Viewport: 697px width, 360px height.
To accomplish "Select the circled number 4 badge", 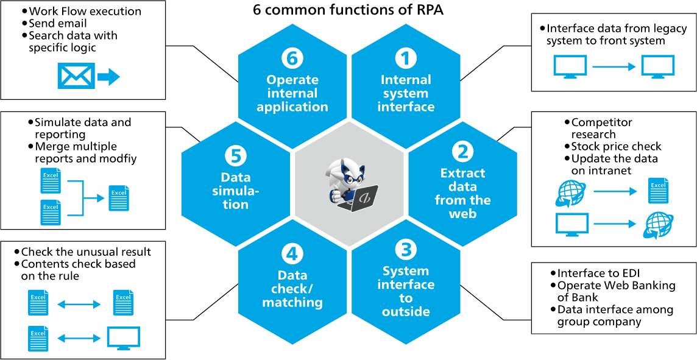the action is tap(292, 254).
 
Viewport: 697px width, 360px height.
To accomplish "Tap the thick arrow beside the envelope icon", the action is tap(109, 76).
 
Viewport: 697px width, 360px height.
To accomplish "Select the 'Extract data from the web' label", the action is tap(462, 193).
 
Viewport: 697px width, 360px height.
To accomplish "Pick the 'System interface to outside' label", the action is tap(406, 291).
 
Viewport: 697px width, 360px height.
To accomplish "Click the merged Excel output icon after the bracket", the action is tap(119, 198).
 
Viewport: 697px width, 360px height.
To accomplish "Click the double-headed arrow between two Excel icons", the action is tap(79, 304).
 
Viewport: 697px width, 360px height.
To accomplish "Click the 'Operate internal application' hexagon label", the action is tap(292, 93).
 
